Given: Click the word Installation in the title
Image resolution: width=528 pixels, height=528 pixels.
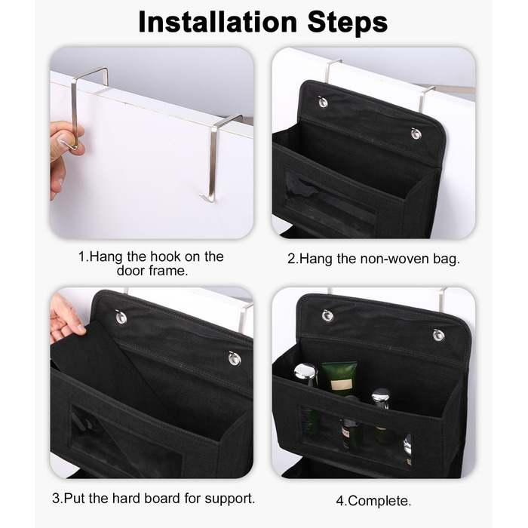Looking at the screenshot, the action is coord(217,22).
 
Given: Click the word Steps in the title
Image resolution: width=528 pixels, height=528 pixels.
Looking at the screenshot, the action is coord(348,23).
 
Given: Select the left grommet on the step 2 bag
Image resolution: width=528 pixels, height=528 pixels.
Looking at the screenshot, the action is coord(323,102).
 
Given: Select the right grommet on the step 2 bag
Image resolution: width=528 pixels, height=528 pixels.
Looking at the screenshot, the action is coord(416,134).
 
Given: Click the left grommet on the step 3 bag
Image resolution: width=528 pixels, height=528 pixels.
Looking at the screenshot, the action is coord(121,318).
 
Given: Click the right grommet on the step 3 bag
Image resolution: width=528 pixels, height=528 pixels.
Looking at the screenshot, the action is coord(235,358).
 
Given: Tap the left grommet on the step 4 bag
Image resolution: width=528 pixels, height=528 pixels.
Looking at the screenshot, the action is coord(327,315).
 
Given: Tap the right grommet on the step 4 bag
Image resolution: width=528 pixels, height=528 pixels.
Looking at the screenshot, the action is coord(438,335).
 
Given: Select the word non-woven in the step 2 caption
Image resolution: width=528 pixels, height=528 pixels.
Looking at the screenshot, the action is coord(393,259).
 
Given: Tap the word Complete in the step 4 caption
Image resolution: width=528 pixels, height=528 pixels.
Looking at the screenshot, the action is coord(377,501).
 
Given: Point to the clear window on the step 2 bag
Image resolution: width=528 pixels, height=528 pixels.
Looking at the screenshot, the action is coord(330,205).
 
